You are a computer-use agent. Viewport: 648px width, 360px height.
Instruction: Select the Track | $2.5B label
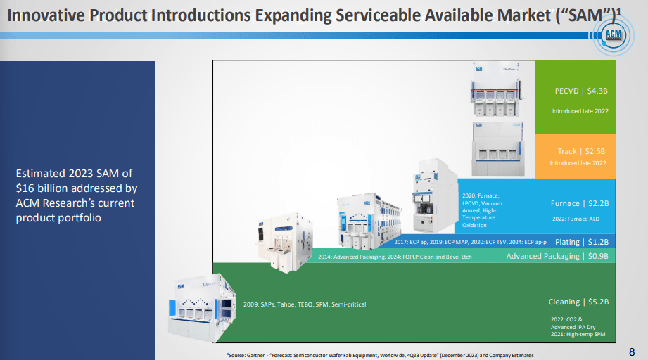[x=581, y=151]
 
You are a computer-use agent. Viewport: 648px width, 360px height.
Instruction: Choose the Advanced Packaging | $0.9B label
[x=557, y=257]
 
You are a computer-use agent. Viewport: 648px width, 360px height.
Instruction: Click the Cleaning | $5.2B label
[x=578, y=302]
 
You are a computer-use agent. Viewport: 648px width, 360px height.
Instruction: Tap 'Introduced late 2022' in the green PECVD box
[x=579, y=110]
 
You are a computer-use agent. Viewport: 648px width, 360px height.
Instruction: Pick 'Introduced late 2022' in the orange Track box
[x=578, y=163]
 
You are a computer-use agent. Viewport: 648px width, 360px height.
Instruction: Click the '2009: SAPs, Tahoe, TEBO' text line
[x=305, y=304]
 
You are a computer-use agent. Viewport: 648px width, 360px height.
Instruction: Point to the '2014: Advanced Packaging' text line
[x=395, y=257]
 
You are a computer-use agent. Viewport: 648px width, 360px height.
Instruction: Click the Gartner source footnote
[x=380, y=355]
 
